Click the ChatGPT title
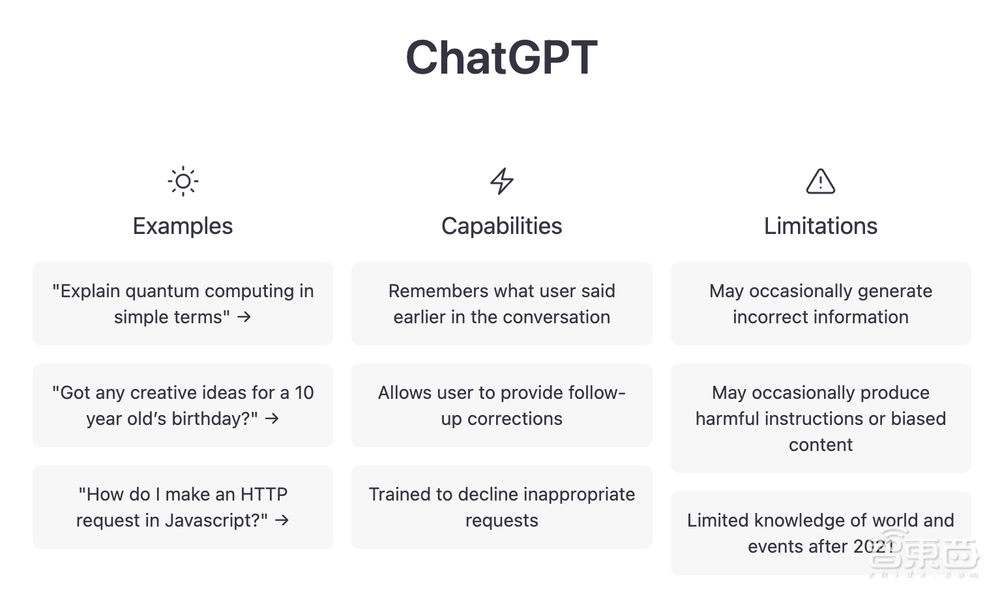click(501, 57)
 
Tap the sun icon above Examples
click(183, 181)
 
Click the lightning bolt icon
click(502, 181)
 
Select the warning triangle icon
click(821, 181)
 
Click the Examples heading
click(182, 226)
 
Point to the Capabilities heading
click(502, 226)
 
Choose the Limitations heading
click(821, 226)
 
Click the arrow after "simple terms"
click(244, 317)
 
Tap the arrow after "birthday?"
click(272, 419)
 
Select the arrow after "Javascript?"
click(282, 520)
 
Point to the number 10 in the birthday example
click(304, 392)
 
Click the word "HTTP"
click(264, 494)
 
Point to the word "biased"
click(918, 418)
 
